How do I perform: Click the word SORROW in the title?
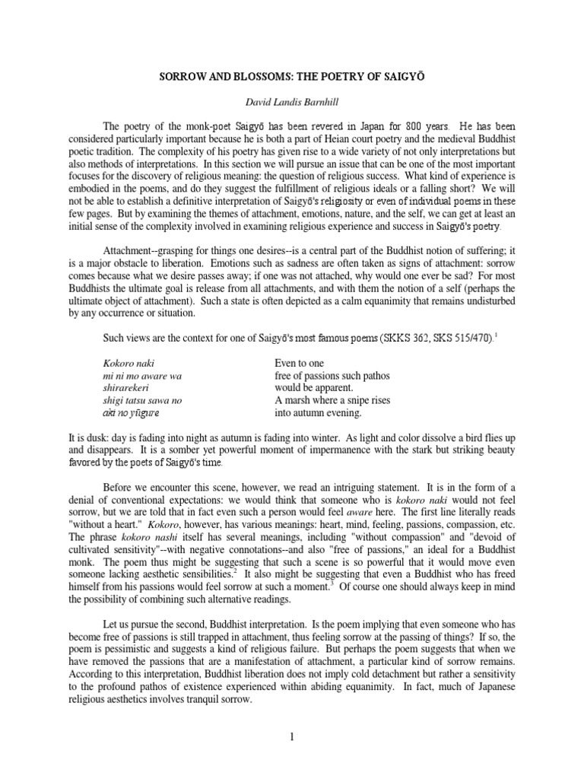click(180, 77)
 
